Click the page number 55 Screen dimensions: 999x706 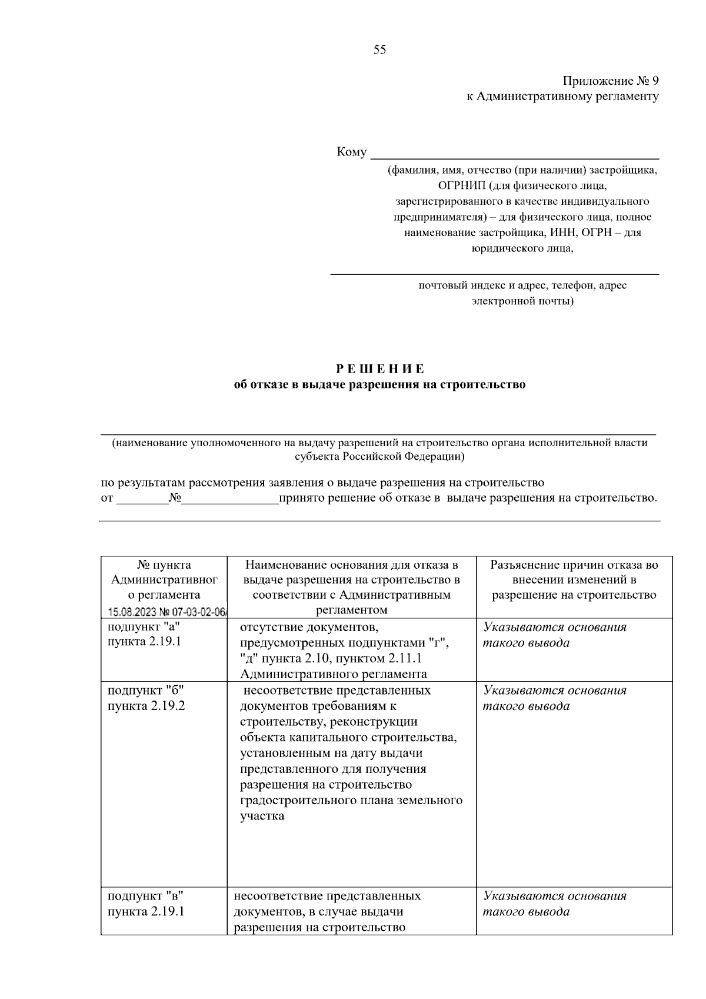[379, 50]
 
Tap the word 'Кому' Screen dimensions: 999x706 [351, 152]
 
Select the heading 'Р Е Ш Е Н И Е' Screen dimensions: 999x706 [379, 369]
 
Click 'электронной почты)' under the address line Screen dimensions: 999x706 [522, 301]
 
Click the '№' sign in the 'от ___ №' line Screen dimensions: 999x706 [174, 499]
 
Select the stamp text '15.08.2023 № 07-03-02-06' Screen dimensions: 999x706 [168, 612]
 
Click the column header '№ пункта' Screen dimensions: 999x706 [164, 565]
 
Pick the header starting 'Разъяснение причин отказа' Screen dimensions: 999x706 [574, 565]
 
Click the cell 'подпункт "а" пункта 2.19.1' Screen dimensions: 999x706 [144, 634]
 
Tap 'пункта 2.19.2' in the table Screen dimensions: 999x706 [146, 705]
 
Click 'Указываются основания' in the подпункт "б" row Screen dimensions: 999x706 [555, 690]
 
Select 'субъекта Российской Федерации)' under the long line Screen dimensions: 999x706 [379, 456]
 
